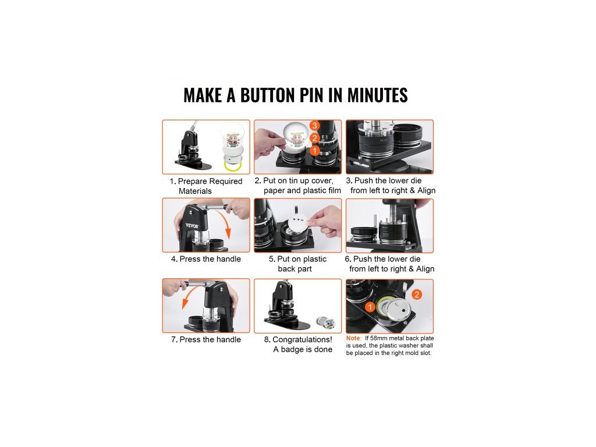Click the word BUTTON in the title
point(267,95)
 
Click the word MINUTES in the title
point(377,95)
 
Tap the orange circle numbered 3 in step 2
point(314,126)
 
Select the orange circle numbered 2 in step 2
point(314,138)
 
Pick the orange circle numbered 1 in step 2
point(314,151)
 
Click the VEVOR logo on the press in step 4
point(192,226)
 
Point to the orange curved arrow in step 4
point(223,222)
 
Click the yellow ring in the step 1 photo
point(232,166)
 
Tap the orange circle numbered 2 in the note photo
point(417,294)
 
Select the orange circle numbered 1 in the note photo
point(370,307)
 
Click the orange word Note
point(353,338)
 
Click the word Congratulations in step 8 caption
point(302,339)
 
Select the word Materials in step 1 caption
point(195,191)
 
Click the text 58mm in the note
point(378,338)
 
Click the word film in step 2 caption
point(334,190)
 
